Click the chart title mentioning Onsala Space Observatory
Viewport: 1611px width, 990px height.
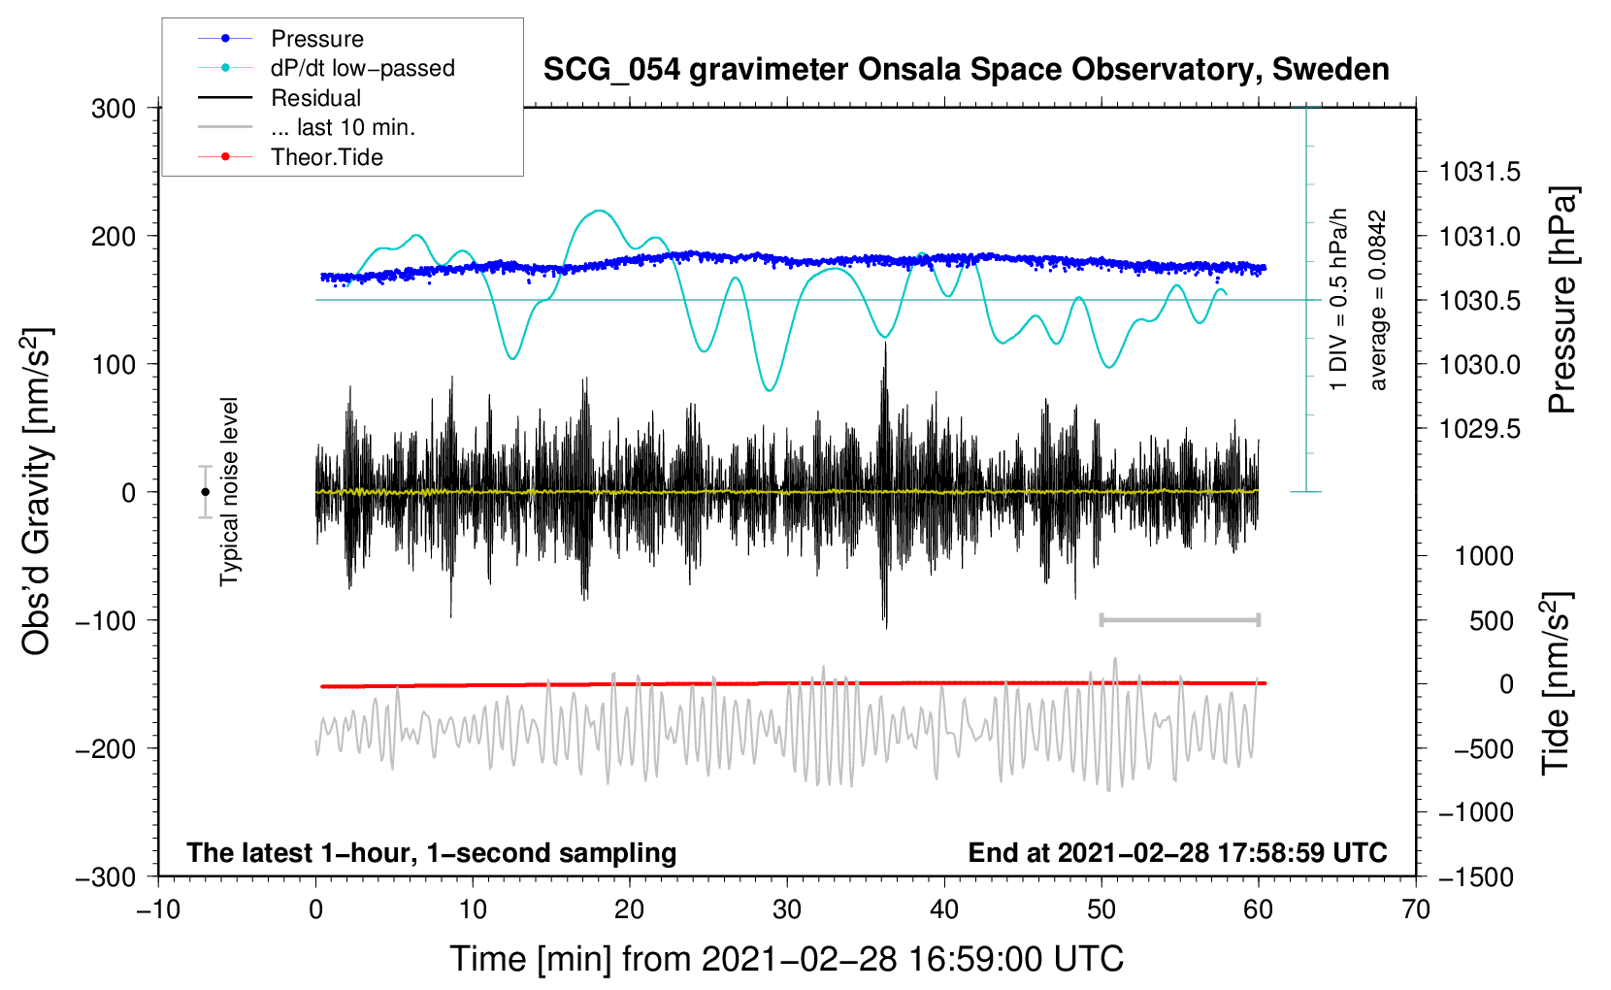pos(966,70)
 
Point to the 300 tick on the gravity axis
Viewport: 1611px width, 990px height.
pos(114,109)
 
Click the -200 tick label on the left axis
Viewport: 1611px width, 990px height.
pos(107,749)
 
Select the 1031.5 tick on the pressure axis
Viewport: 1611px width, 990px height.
pos(1479,172)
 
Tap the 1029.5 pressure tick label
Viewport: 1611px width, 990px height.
pos(1479,429)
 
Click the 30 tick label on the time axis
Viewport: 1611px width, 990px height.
pos(787,909)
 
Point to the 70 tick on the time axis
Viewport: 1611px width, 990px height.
pos(1415,909)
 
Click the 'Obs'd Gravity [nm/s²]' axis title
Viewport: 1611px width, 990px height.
pos(37,491)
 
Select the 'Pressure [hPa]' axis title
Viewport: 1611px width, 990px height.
pos(1562,300)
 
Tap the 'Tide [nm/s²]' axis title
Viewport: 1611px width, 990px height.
pos(1557,683)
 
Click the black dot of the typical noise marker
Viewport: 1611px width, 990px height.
pos(205,492)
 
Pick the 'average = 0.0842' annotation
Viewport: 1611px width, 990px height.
pos(1376,300)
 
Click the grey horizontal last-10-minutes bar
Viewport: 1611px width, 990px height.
pos(1179,619)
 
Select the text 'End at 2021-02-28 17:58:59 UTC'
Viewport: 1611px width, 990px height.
pos(1177,852)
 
